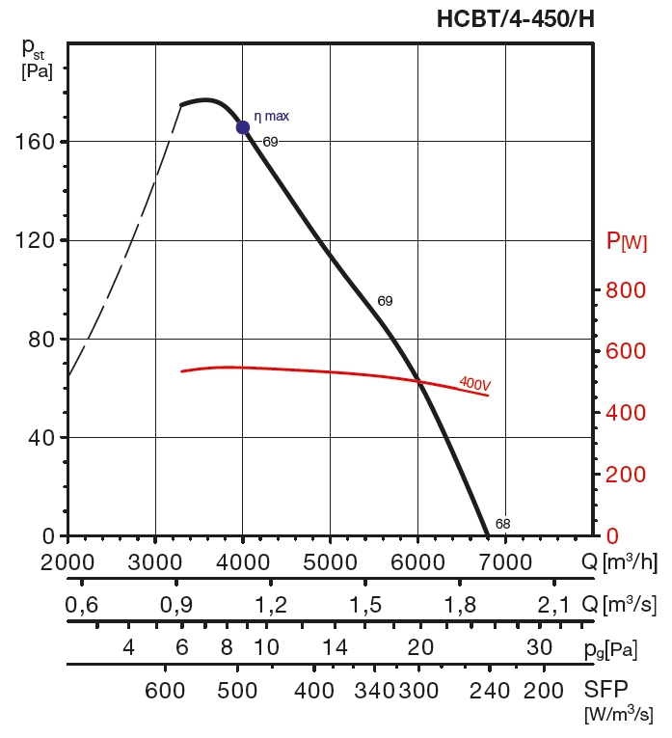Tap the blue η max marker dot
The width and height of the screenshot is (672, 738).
click(x=243, y=127)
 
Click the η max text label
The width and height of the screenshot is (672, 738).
click(x=271, y=117)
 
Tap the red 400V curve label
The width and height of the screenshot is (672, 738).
click(x=475, y=384)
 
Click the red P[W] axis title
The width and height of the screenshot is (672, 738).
click(x=626, y=241)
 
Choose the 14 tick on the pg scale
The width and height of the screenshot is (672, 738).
click(x=335, y=647)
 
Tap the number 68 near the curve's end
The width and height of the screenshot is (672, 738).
click(x=502, y=524)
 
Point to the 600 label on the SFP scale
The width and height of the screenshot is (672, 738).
click(x=165, y=691)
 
